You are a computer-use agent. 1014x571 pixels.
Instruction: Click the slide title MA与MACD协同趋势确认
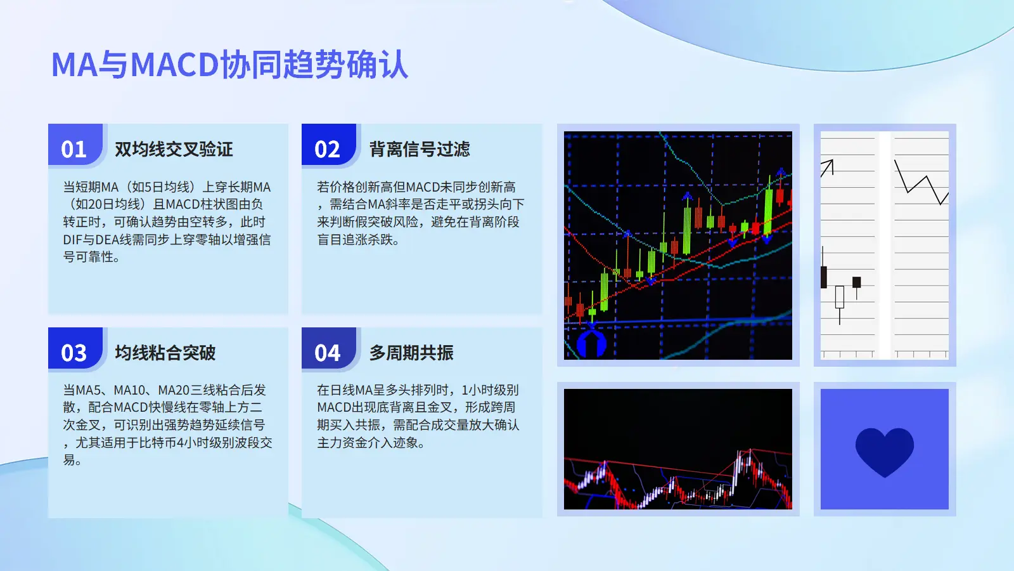coord(230,65)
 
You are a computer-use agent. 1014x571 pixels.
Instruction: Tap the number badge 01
coord(74,149)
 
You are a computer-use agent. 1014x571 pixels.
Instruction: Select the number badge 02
coord(327,149)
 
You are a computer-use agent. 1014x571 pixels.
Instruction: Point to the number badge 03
coord(74,353)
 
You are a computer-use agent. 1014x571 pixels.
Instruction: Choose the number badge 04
coord(327,353)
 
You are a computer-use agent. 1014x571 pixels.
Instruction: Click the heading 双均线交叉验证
coord(174,149)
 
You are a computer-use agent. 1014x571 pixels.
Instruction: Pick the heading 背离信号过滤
coord(420,149)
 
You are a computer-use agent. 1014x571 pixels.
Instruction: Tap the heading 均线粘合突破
coord(165,353)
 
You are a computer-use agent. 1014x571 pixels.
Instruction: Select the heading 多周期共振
coord(411,353)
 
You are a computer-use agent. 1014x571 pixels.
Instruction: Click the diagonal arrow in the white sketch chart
coord(828,167)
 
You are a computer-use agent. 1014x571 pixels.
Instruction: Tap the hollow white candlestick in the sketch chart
coord(840,297)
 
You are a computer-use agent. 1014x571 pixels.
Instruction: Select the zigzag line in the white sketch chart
coord(921,183)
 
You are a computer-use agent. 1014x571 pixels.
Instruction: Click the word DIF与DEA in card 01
coord(88,239)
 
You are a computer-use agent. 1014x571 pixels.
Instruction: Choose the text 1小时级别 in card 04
coord(491,390)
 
